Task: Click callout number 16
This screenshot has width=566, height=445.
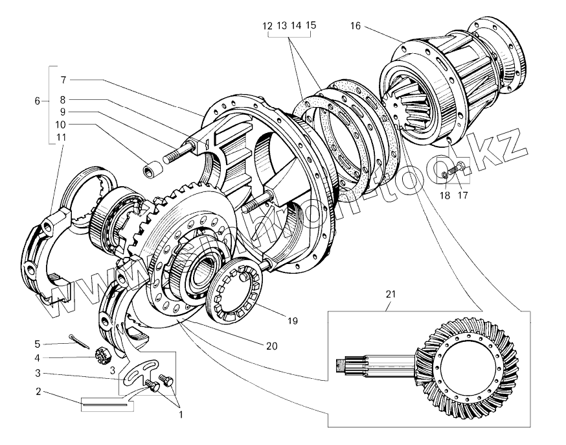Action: point(355,26)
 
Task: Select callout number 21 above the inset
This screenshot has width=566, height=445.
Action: point(390,294)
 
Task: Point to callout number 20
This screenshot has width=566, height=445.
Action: point(271,346)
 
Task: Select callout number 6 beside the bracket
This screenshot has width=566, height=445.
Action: point(38,101)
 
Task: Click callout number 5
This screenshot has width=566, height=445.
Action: point(38,343)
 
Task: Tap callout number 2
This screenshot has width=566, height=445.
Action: point(38,391)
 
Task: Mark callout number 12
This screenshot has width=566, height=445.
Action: point(268,26)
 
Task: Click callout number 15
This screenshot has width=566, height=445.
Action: point(311,26)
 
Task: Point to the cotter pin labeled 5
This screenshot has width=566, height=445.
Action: point(81,342)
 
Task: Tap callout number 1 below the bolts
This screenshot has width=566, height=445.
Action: point(180,414)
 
